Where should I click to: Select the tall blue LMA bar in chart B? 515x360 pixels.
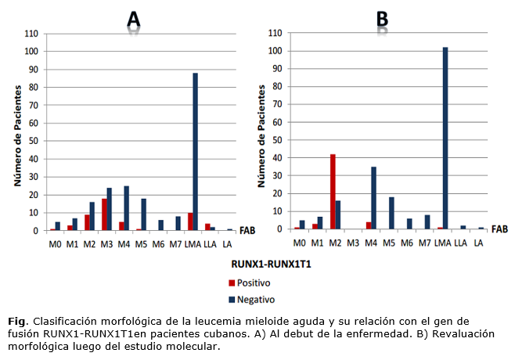[445, 138]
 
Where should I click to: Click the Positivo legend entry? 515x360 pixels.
[255, 283]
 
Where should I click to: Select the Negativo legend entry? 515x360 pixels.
[256, 298]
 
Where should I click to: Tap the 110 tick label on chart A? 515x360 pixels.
[31, 34]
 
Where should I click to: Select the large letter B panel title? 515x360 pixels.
[383, 19]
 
